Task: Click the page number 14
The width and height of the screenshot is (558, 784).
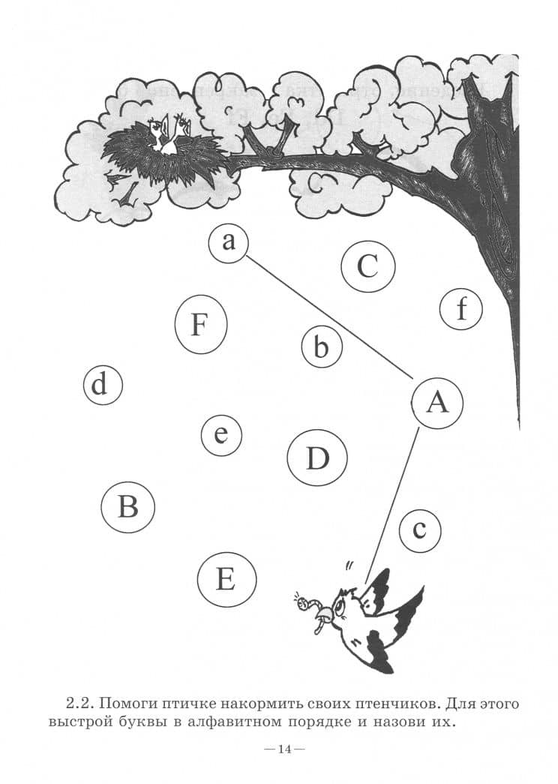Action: tap(285, 749)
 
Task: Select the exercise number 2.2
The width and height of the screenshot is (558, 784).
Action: tap(80, 704)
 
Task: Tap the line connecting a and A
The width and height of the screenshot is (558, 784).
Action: tap(330, 318)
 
